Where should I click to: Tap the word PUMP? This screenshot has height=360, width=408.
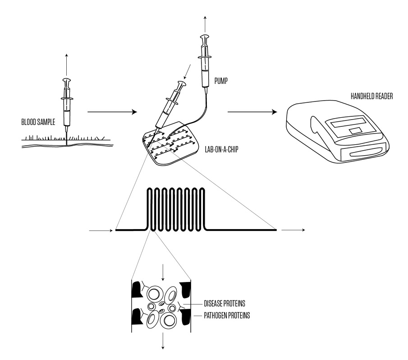point(221,83)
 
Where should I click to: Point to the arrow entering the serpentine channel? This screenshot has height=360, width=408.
point(101,230)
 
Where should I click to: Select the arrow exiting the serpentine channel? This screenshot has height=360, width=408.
point(293,230)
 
